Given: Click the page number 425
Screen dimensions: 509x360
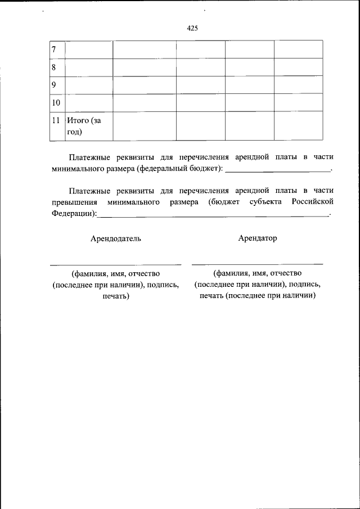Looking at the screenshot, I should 191,29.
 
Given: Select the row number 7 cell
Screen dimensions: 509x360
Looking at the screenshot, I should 57,49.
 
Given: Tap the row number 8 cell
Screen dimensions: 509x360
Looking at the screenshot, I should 57,67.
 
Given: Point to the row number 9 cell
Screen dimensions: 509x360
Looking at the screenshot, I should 57,85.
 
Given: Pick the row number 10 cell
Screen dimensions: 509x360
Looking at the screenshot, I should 57,102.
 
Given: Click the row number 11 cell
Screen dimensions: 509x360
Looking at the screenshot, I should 57,125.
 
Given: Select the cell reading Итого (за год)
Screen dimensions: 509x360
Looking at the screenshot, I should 89,125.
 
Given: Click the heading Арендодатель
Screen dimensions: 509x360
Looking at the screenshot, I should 116,238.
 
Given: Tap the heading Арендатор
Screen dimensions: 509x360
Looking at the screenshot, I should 258,238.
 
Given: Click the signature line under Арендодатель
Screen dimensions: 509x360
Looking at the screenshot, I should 116,264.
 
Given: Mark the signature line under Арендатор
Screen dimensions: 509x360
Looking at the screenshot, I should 258,263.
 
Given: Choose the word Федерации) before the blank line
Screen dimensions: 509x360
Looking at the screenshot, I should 73,213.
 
